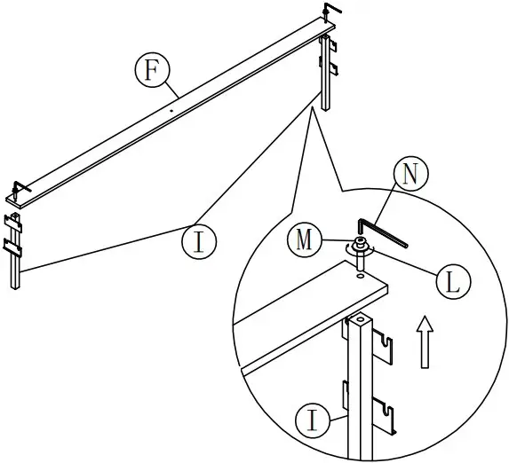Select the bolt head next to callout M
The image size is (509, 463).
(x=362, y=246)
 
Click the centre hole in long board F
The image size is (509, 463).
(x=170, y=111)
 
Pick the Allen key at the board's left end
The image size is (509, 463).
(x=20, y=188)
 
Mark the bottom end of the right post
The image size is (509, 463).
(x=326, y=107)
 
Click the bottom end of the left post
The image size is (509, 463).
(x=16, y=288)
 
